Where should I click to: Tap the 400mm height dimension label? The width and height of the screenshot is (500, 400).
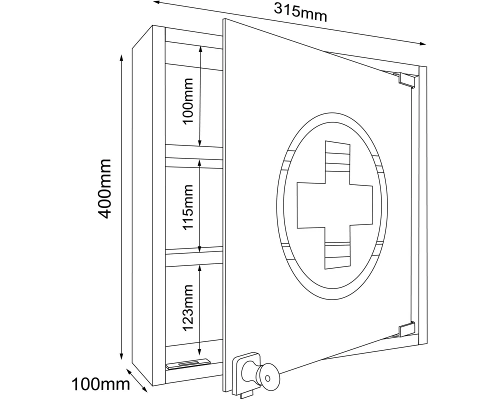coord(104,189)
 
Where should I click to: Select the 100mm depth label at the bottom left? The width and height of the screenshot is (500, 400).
coord(100,384)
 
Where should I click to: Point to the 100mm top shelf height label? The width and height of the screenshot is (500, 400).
coord(187,101)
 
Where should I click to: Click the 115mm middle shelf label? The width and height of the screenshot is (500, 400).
coord(187,206)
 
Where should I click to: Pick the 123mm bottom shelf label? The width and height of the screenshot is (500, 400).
coord(187,308)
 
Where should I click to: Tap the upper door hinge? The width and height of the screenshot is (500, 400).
coord(405,79)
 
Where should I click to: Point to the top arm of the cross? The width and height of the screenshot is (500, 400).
coord(337,162)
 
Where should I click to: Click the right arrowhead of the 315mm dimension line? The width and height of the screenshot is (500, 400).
coord(423,43)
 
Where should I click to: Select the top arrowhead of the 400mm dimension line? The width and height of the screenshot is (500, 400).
coord(121,58)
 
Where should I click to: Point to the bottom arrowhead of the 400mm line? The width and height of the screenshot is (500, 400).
coord(121,356)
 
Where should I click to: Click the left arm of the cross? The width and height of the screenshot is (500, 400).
coord(311,205)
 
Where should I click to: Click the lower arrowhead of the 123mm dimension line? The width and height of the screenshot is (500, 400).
coord(199,352)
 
